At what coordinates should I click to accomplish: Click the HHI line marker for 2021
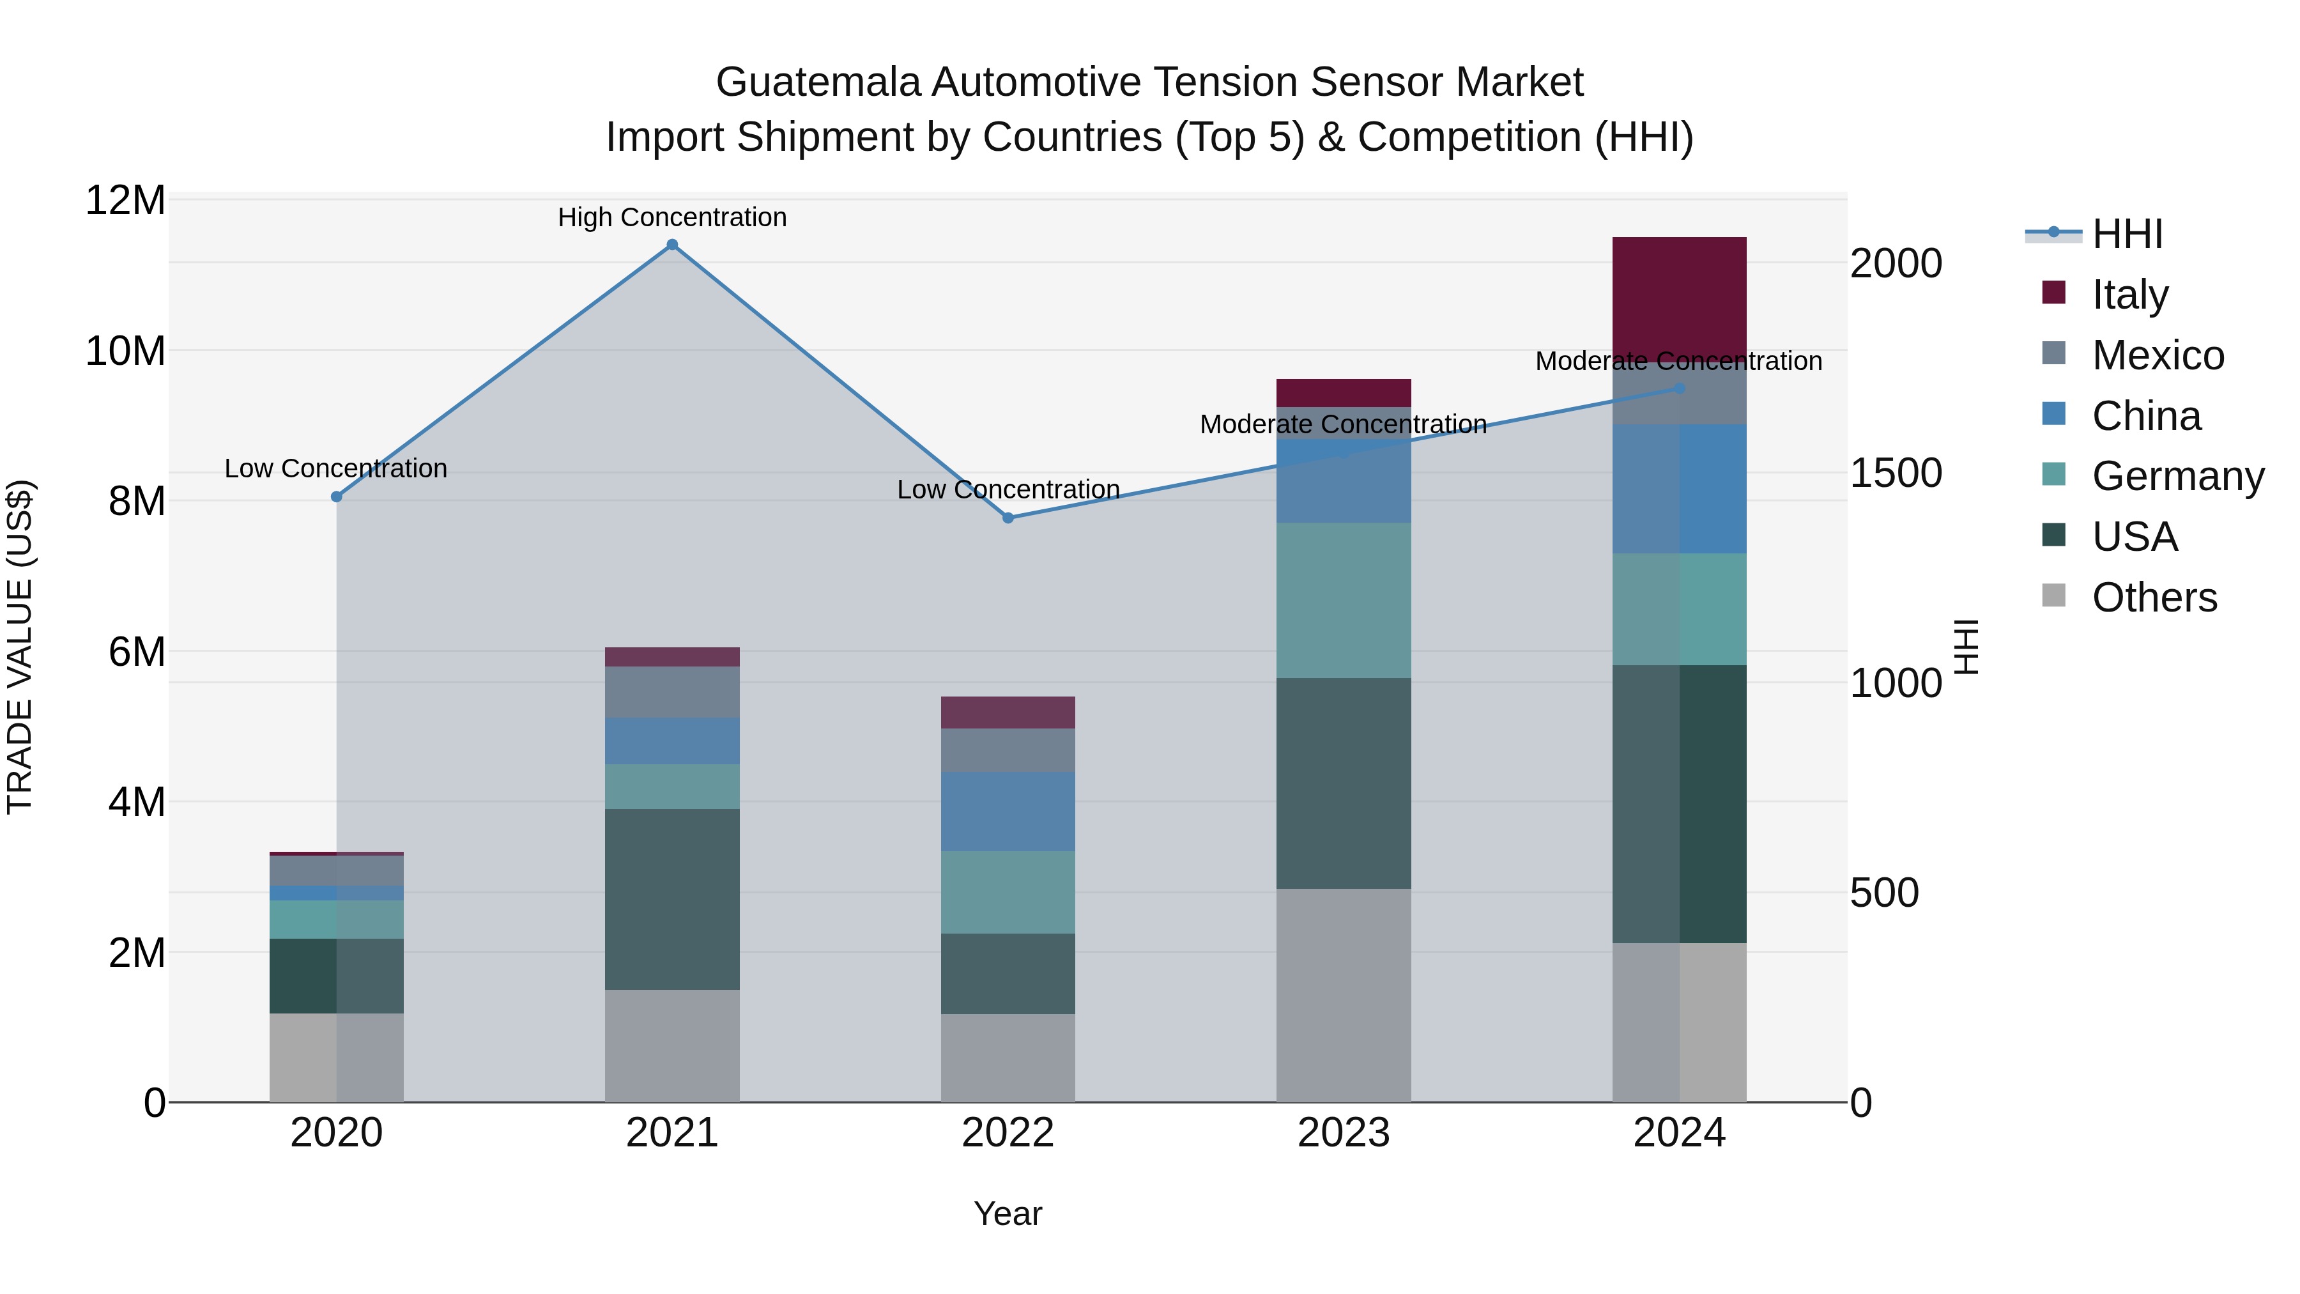coord(672,245)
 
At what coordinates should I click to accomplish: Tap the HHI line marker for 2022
coord(1008,518)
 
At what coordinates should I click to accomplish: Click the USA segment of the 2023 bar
coord(1343,783)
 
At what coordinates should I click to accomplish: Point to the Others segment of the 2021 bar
coord(672,1045)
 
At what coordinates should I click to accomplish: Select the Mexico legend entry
coord(2156,355)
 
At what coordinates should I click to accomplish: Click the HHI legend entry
coord(2126,234)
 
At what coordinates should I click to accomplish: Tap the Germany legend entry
coord(2177,476)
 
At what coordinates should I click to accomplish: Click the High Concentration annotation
coord(672,217)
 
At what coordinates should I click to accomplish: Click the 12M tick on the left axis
coord(125,200)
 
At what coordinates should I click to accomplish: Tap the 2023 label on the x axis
coord(1343,1133)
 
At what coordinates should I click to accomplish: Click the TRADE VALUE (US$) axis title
coord(20,647)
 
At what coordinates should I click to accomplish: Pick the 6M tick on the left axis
coord(137,652)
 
